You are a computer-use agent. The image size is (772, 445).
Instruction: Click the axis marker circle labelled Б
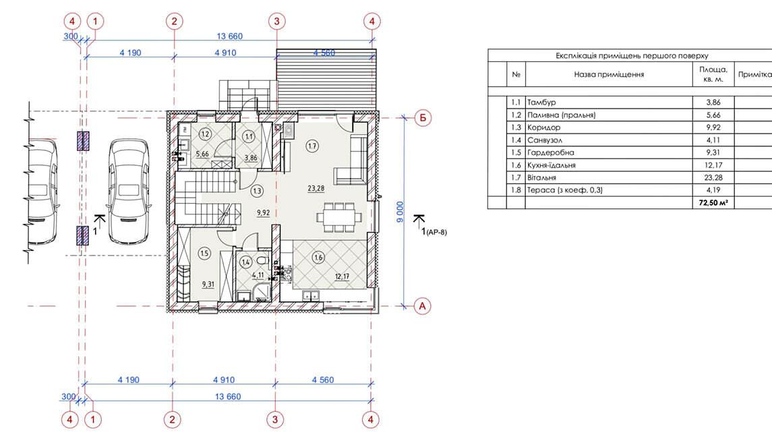423,118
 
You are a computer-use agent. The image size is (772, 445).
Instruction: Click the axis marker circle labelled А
422,306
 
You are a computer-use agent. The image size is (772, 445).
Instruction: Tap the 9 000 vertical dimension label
400,212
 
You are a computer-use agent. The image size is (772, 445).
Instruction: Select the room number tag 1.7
311,146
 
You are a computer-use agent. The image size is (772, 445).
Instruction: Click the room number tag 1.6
318,257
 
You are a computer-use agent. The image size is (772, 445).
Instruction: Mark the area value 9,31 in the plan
208,284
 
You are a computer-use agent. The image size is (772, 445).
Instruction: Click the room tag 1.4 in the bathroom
245,262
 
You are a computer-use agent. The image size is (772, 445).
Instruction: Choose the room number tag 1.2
206,134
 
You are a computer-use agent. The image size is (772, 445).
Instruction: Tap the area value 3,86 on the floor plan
251,158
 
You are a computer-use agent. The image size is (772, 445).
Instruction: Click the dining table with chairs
338,216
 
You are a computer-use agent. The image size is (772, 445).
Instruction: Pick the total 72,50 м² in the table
713,202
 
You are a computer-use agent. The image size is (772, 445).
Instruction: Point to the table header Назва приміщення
609,74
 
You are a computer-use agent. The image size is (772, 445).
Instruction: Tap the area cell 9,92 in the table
713,127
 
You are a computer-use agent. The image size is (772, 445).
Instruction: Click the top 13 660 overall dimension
230,36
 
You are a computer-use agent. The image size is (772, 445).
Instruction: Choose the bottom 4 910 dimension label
224,380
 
